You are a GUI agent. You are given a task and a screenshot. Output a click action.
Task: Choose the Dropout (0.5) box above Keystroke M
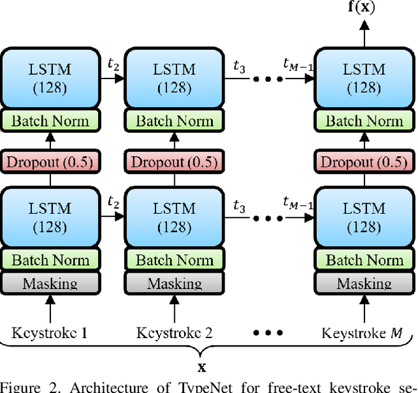pos(364,162)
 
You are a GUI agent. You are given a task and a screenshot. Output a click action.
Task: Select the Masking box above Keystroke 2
pos(174,283)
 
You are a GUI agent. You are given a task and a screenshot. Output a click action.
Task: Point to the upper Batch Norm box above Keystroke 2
pos(174,121)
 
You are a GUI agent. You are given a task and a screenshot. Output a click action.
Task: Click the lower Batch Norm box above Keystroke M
pos(364,260)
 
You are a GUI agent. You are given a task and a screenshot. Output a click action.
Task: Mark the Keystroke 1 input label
pos(50,332)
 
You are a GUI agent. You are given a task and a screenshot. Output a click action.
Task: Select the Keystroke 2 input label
pos(174,332)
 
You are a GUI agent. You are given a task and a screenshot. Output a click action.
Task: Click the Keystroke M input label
pos(361,332)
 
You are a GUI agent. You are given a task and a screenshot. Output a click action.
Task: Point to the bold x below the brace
pos(202,367)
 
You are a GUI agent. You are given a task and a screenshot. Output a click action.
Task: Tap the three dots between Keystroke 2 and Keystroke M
pos(267,332)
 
